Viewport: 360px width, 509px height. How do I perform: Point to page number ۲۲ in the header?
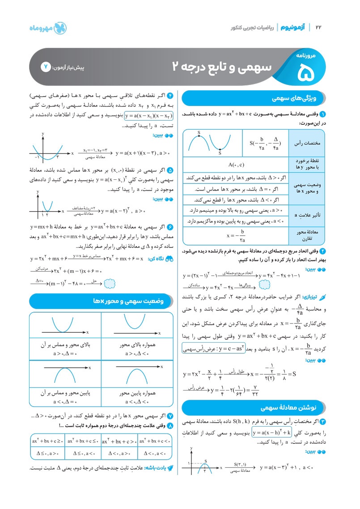point(318,28)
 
